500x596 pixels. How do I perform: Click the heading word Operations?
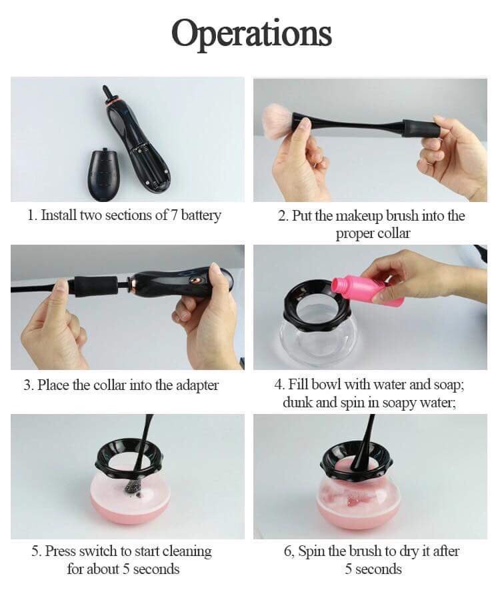(x=251, y=33)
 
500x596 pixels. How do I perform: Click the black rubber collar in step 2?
(x=422, y=128)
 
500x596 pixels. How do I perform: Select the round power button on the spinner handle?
(x=196, y=280)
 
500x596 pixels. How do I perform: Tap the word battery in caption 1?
(x=201, y=215)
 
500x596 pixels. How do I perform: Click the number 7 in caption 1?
(x=174, y=215)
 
